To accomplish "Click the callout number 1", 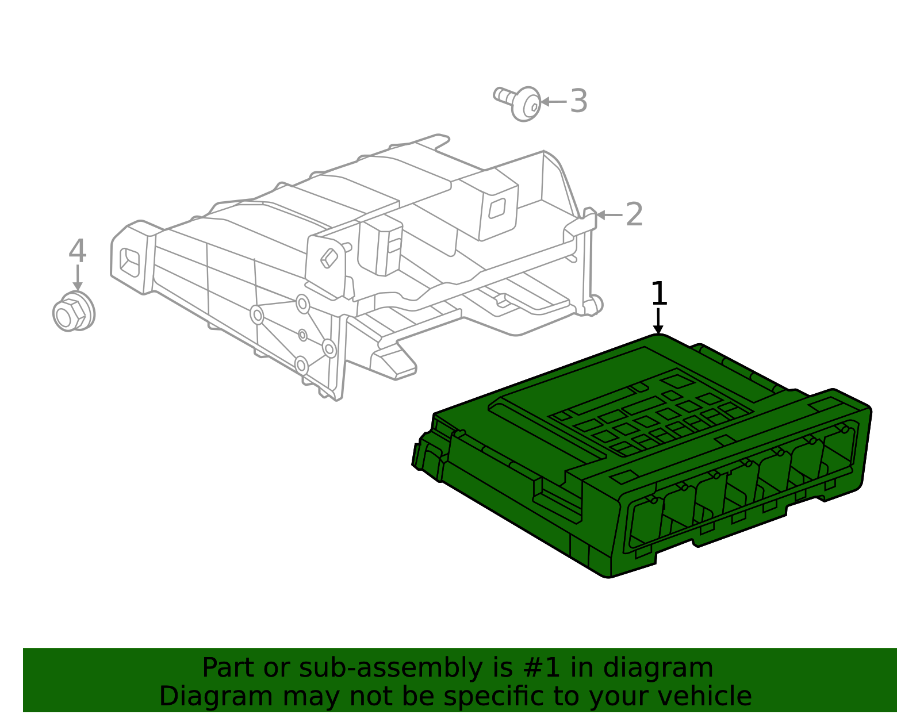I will tap(659, 294).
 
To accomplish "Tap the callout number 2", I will tap(634, 214).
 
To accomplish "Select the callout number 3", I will tap(578, 101).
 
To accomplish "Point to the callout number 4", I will tap(77, 251).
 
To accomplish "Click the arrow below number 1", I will tap(658, 321).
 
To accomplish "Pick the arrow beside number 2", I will tap(609, 215).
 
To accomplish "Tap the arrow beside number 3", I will tap(554, 102).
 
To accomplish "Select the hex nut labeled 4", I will tap(73, 313).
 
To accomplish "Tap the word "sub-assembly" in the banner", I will tap(339, 668).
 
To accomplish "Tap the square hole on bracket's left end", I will tap(130, 261).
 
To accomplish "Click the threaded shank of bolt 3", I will tap(503, 95).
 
